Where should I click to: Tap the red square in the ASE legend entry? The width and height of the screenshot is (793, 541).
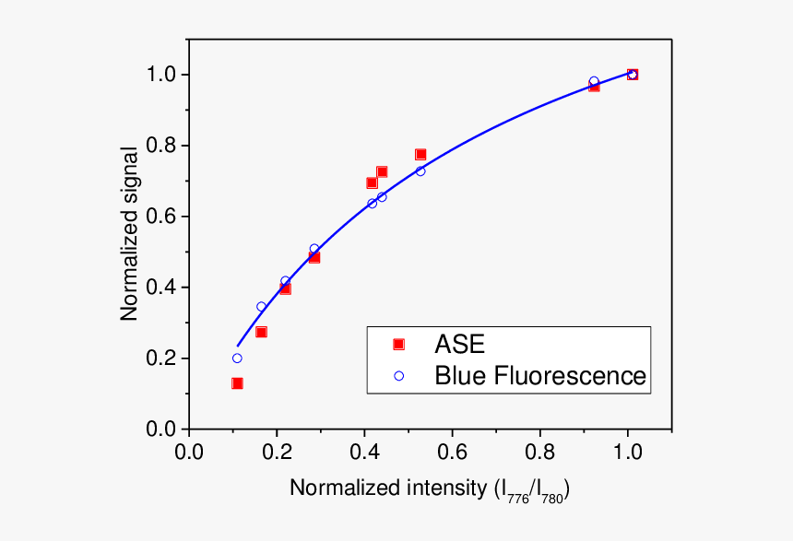398,344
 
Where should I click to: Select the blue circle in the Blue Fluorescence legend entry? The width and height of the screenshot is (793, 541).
398,376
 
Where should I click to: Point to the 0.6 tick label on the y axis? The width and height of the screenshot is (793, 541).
162,217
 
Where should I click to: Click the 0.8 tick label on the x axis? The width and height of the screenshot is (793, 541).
539,453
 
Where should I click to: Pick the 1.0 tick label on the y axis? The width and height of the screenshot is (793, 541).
162,75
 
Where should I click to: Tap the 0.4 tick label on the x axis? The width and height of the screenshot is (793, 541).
364,453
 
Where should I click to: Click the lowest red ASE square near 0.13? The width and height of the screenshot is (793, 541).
237,383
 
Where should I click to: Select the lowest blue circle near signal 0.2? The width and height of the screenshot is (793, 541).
237,359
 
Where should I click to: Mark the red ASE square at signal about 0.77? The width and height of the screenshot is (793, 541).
420,155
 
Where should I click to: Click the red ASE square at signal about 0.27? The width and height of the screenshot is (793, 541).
261,332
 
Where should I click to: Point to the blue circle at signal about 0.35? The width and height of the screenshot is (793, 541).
261,307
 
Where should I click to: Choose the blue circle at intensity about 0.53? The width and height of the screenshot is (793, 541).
420,171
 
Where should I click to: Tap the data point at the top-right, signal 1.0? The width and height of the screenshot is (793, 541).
633,75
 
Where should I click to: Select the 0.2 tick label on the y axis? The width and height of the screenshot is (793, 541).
162,359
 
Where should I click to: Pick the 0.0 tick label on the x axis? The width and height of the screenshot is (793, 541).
189,453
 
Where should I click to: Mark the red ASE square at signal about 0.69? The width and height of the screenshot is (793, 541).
372,182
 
